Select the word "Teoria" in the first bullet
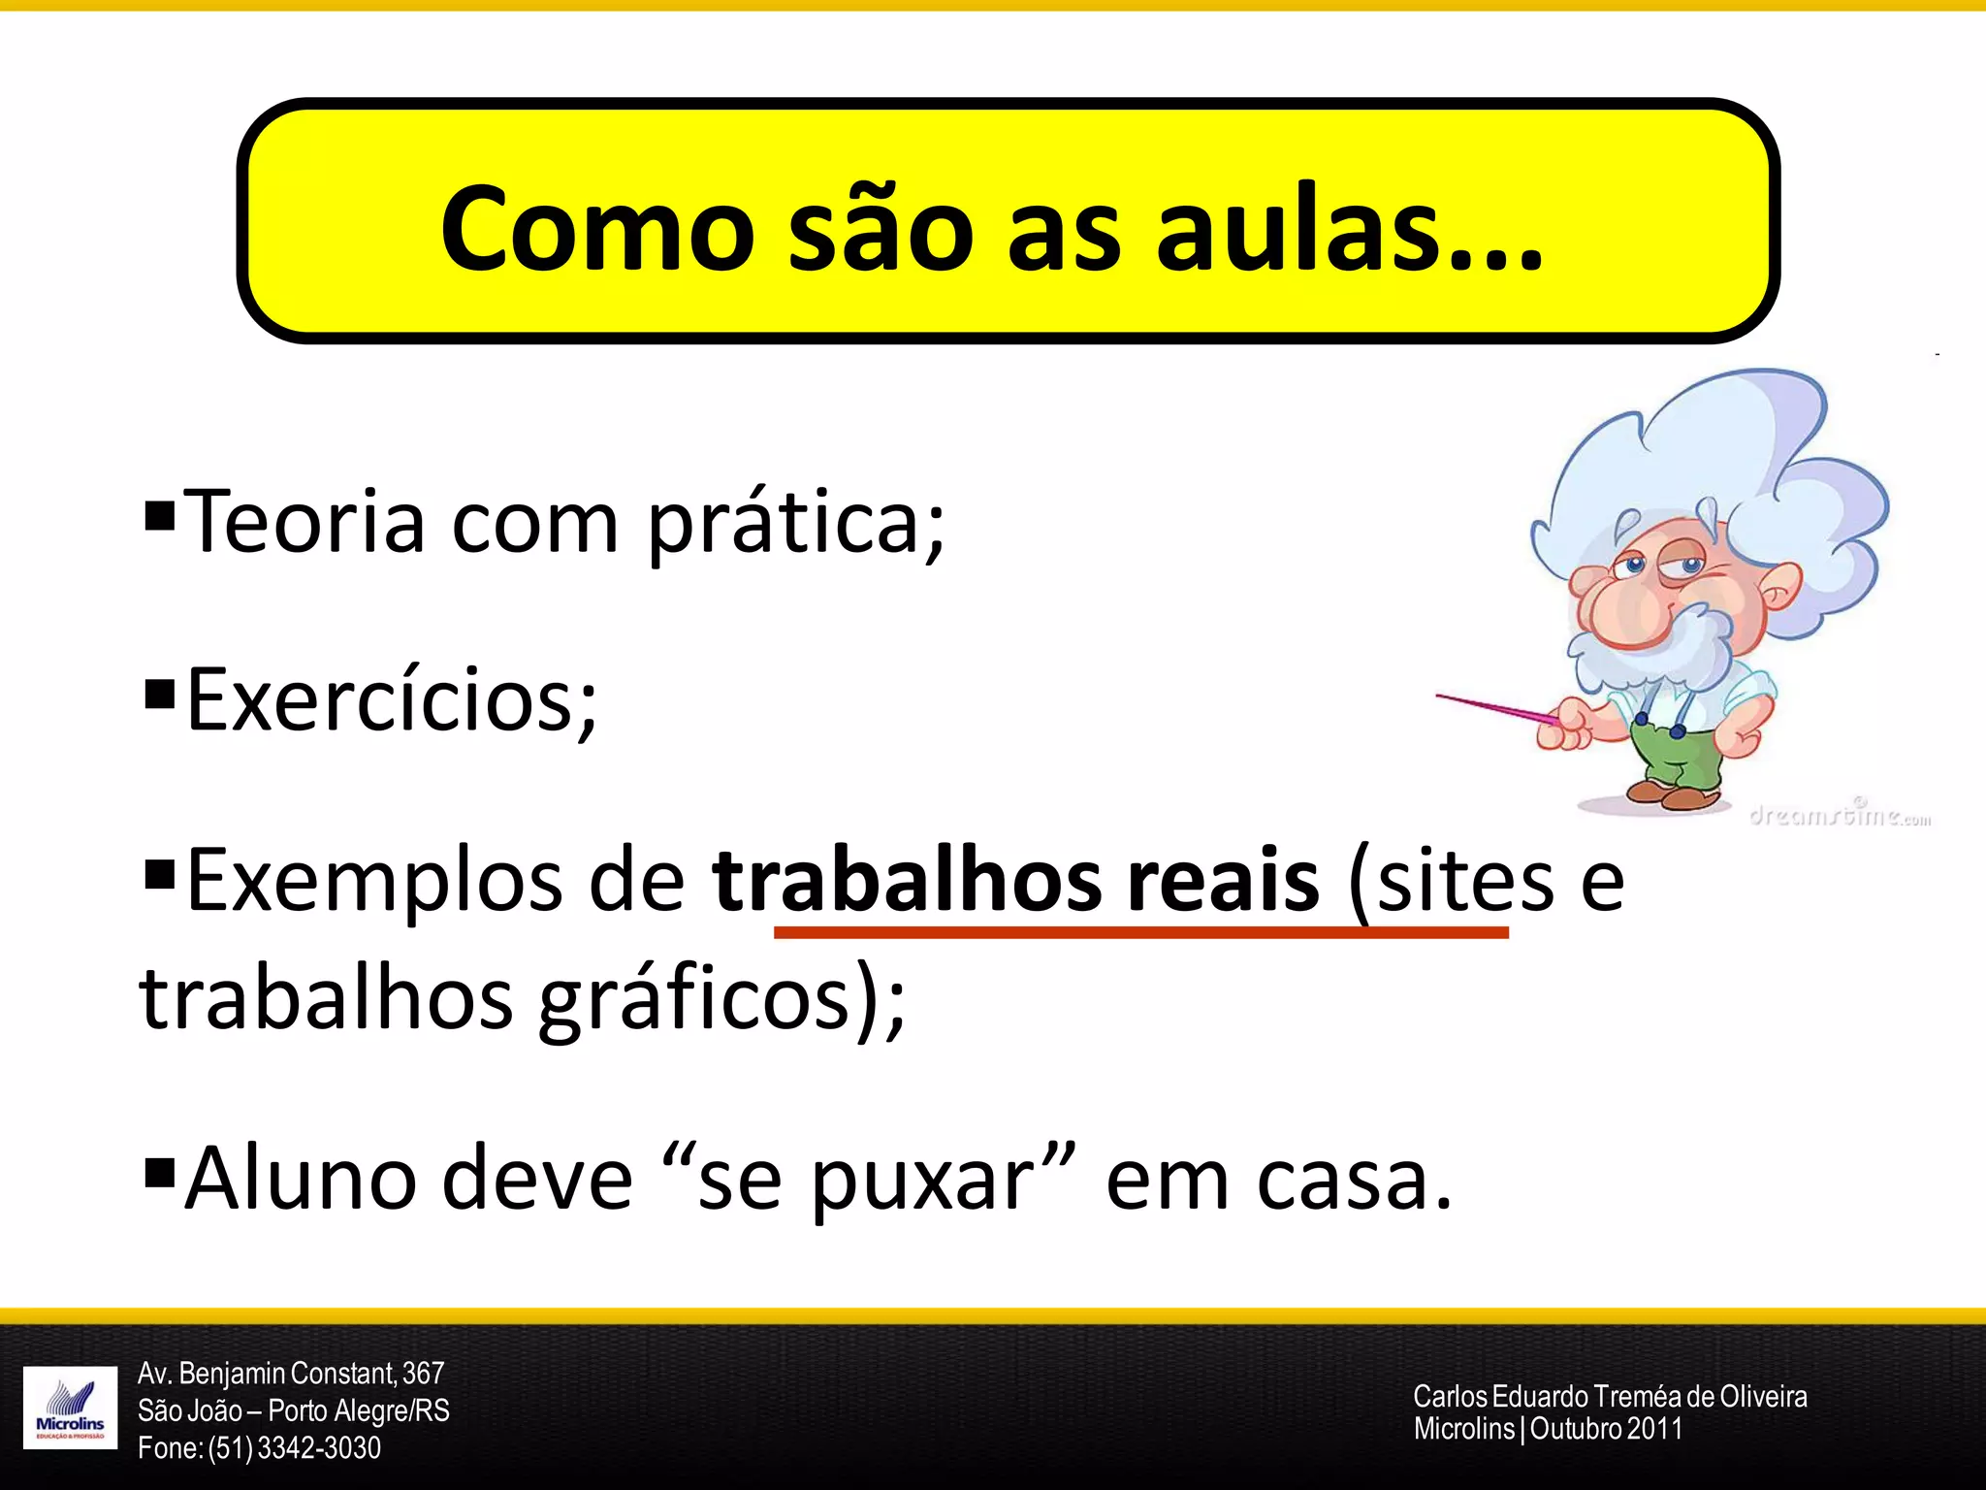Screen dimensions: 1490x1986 point(304,522)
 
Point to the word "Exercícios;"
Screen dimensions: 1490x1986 point(392,700)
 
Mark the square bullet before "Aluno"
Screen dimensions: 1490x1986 point(159,1172)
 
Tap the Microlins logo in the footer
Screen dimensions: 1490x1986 point(70,1407)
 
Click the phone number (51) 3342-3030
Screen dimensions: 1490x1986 point(294,1447)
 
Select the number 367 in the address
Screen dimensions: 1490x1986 point(423,1374)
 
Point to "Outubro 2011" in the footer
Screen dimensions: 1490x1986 point(1606,1429)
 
